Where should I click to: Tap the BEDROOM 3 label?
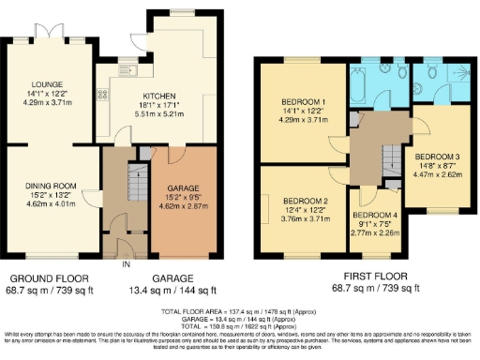coord(437,156)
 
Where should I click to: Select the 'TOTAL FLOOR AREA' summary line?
coord(239,310)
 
